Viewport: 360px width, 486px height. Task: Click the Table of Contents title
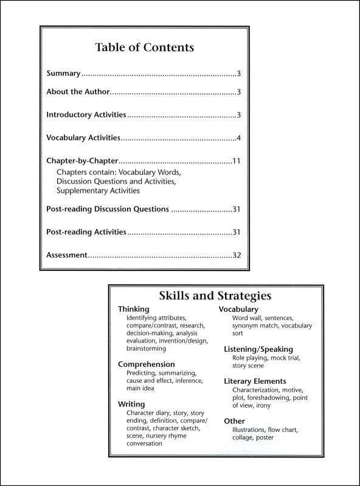tap(145, 47)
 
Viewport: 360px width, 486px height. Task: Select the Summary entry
tap(63, 74)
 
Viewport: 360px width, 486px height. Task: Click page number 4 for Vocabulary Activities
tap(240, 138)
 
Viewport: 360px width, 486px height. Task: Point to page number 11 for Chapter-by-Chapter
tap(237, 162)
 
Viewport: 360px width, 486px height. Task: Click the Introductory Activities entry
tap(86, 114)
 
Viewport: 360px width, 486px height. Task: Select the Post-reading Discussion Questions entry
tap(108, 209)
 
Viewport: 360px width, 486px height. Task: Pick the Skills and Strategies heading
tap(215, 296)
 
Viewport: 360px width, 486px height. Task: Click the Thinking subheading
tap(133, 309)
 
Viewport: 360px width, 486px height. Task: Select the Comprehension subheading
tap(147, 364)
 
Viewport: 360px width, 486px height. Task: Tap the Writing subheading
tap(131, 404)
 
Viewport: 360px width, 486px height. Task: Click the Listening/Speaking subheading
tap(258, 349)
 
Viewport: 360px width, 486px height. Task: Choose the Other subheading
tap(234, 420)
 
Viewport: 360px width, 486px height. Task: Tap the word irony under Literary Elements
tap(263, 405)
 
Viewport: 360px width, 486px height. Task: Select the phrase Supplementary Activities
tap(98, 191)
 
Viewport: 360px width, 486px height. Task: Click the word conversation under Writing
tap(145, 444)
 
